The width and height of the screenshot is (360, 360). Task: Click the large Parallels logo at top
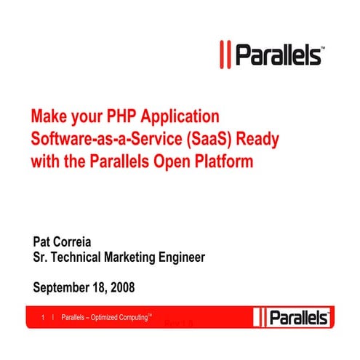[272, 55]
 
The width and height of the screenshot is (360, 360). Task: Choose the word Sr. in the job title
[41, 257]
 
